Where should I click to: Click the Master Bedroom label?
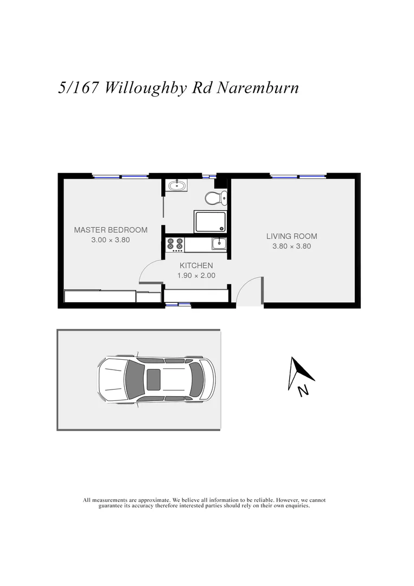110,230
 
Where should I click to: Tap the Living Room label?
291,236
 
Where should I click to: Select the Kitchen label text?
196,265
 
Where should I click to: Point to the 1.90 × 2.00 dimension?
196,275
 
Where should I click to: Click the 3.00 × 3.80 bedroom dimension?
110,240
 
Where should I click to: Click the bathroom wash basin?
177,186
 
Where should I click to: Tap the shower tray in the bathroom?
210,222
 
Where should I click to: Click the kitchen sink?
219,244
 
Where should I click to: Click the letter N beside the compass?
303,390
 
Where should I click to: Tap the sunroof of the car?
154,379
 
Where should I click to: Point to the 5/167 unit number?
78,88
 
